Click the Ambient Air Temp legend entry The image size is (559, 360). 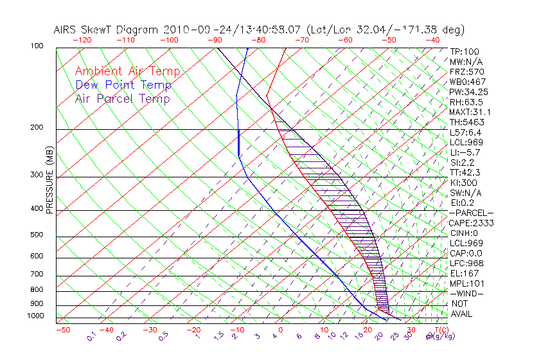(127, 72)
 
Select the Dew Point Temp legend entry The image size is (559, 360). (123, 85)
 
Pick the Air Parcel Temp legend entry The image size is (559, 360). (122, 99)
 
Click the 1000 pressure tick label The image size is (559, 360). (36, 316)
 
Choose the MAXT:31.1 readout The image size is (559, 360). (469, 113)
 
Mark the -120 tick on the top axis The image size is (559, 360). (81, 39)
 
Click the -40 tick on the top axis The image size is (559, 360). (432, 39)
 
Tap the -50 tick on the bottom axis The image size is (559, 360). (62, 330)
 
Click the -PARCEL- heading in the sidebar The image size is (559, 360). (471, 213)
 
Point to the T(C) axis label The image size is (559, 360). (441, 330)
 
